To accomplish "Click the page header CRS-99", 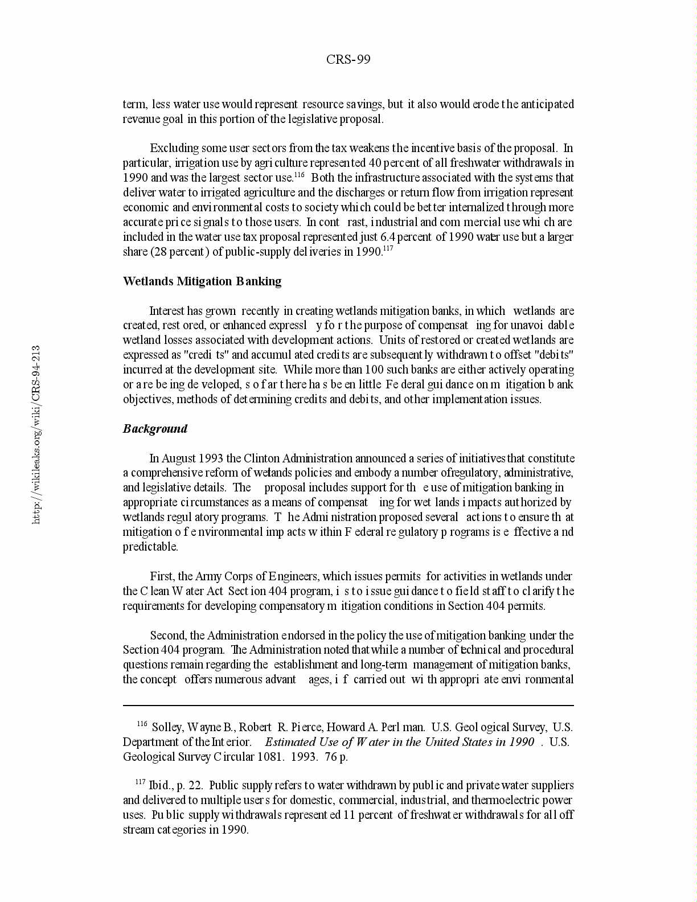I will (348, 60).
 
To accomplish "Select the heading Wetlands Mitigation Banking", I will (202, 281).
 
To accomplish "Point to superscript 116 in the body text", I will (300, 174).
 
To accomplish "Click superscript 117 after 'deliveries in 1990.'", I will (389, 248).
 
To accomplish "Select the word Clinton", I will (262, 458).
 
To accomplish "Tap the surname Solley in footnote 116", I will (166, 727).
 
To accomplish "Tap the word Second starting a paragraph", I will (168, 635).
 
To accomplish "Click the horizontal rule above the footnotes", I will (348, 706).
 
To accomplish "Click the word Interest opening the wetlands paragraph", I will (167, 311).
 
